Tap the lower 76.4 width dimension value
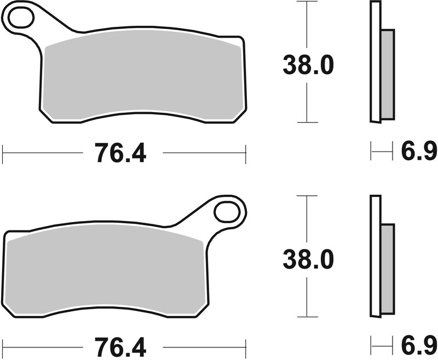point(121,347)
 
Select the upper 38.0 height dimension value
point(308,66)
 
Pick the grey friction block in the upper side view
point(387,74)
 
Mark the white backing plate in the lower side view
point(375,257)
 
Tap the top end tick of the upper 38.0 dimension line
point(308,2)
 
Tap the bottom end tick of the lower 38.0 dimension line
point(308,317)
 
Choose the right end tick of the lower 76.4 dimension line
point(246,348)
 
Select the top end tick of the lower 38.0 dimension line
point(308,195)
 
